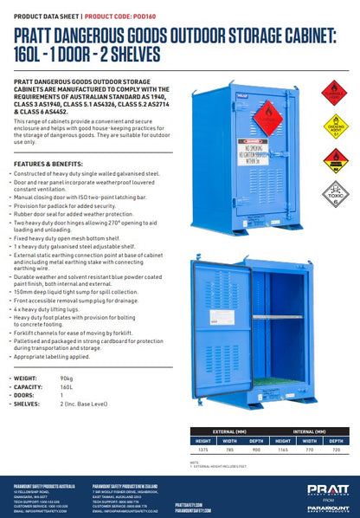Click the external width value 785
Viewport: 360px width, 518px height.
tap(229, 450)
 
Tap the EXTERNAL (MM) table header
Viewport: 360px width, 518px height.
tap(229, 429)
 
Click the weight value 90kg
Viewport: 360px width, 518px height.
tap(67, 379)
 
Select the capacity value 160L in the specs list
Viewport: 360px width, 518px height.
tap(67, 387)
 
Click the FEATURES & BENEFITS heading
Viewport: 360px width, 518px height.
tap(45, 163)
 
